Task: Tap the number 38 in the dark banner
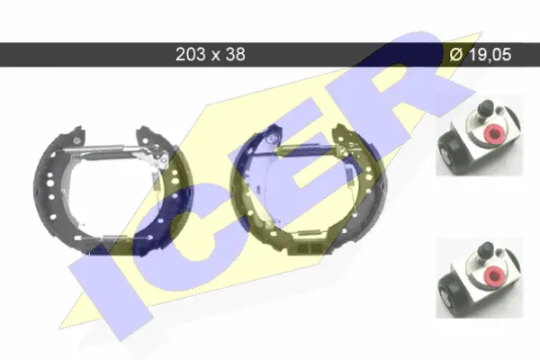pyautogui.click(x=235, y=54)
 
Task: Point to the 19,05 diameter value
pyautogui.click(x=490, y=54)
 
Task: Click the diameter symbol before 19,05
pyautogui.click(x=456, y=54)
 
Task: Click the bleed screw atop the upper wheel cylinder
pyautogui.click(x=486, y=108)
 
